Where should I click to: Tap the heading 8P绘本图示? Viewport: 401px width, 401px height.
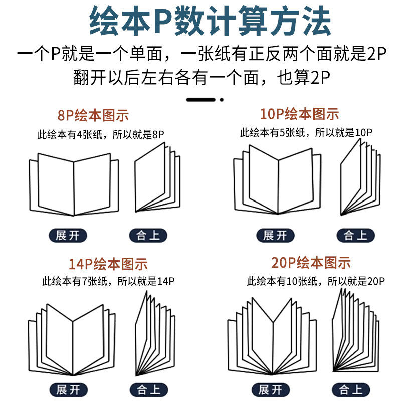[93, 116]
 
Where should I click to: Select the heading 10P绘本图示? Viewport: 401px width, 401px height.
[300, 114]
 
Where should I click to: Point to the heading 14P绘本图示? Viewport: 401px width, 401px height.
[108, 264]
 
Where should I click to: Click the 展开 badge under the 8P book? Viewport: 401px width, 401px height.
[68, 235]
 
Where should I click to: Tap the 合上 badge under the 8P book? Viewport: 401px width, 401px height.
[148, 235]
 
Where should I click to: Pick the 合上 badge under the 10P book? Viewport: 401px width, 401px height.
[356, 235]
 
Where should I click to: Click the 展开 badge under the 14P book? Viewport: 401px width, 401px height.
[67, 390]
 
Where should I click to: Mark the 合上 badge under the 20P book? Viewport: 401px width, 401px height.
[351, 389]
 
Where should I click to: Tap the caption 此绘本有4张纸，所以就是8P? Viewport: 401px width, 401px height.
[101, 134]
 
